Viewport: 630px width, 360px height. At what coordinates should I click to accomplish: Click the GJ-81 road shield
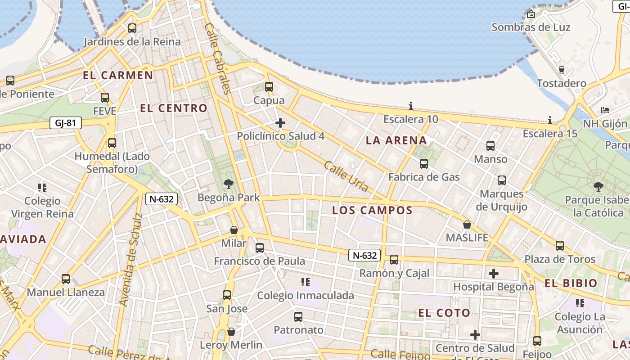[x=65, y=123]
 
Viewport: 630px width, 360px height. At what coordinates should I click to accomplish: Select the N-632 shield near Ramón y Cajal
[x=364, y=256]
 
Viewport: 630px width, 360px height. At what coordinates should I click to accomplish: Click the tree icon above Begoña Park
[x=229, y=184]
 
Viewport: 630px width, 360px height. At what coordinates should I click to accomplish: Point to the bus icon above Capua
[x=269, y=87]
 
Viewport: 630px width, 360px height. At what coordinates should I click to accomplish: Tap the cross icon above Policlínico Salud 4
[x=280, y=123]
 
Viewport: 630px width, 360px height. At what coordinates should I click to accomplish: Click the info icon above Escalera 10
[x=411, y=106]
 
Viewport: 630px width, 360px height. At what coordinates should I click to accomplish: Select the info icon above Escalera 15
[x=550, y=120]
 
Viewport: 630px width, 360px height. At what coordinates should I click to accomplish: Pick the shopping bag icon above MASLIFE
[x=467, y=224]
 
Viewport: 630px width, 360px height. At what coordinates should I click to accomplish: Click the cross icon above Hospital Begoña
[x=494, y=273]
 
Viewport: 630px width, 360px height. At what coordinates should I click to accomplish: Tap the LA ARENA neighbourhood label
[x=396, y=140]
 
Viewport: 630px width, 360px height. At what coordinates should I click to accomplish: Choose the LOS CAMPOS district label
[x=372, y=210]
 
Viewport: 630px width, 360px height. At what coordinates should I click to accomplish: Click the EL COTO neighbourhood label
[x=444, y=313]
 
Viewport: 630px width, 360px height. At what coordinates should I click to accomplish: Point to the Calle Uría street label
[x=346, y=176]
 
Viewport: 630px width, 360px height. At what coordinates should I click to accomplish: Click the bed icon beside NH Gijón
[x=605, y=110]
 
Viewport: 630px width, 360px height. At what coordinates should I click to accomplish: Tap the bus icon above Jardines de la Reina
[x=132, y=28]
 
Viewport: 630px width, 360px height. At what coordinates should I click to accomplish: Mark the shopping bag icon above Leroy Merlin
[x=231, y=332]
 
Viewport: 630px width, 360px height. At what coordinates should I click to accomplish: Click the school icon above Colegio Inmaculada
[x=306, y=282]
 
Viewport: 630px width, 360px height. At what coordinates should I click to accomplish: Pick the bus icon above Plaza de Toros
[x=560, y=246]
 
